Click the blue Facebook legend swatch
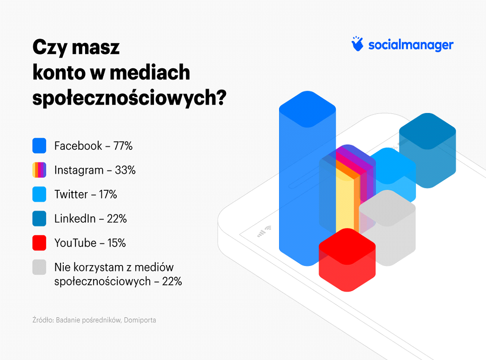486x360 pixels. click(x=39, y=146)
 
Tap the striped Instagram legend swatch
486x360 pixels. click(x=39, y=170)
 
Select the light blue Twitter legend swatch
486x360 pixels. click(x=39, y=194)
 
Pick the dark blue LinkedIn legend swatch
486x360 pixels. click(x=39, y=218)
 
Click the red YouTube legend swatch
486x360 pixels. click(x=39, y=243)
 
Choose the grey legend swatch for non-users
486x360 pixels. click(x=39, y=267)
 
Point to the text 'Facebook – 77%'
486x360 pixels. click(x=93, y=146)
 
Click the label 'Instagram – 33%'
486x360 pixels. click(x=95, y=170)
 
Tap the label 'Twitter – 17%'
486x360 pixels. click(x=86, y=194)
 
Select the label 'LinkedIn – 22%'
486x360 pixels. click(x=91, y=219)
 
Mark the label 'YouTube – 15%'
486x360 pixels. click(x=90, y=243)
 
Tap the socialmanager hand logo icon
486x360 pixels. click(x=357, y=44)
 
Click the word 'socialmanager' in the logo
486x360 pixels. click(x=411, y=45)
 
